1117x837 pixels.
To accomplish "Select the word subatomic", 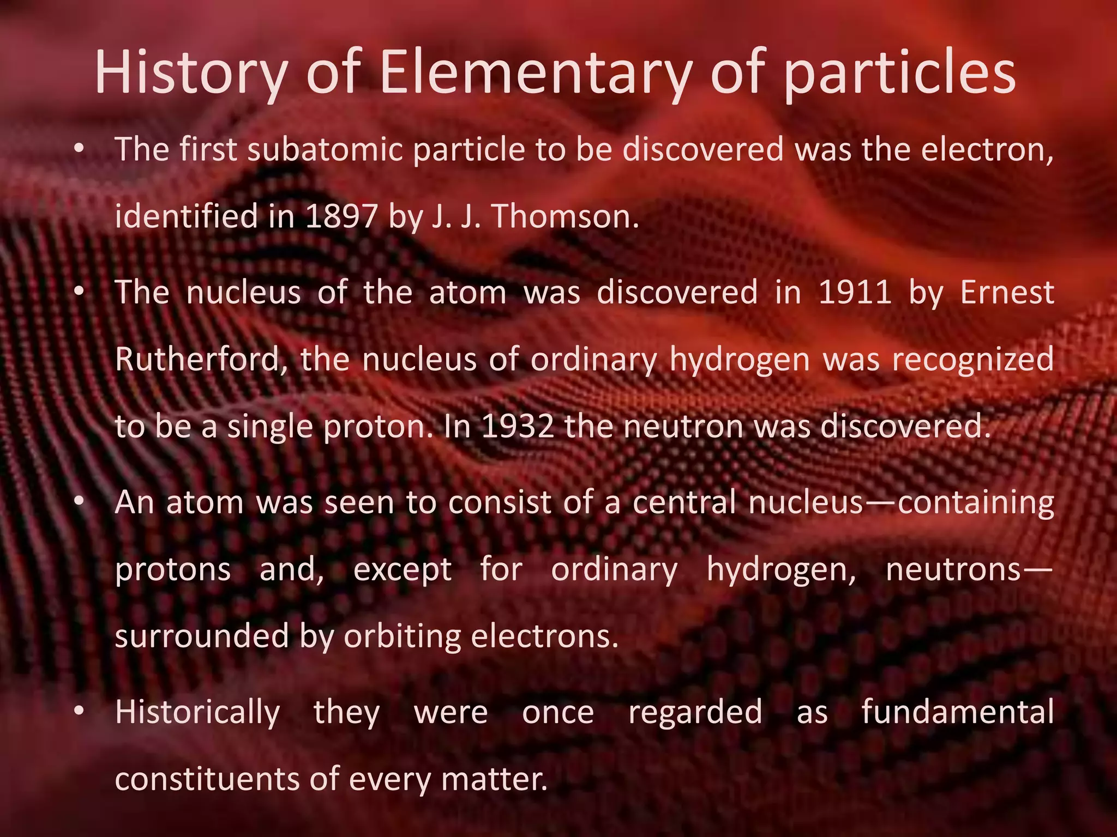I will coord(325,150).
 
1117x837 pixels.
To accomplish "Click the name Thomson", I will coord(565,216).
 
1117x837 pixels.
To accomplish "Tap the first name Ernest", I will coord(1007,293).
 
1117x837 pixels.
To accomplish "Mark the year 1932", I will coord(517,427).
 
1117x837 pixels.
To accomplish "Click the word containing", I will coord(976,502).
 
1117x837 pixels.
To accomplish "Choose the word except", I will coord(403,570).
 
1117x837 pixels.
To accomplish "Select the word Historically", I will coord(197,712).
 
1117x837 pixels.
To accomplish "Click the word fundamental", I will coord(958,712).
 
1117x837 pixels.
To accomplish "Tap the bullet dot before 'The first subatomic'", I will coord(80,149).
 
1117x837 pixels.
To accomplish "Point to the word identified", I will coord(186,216).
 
